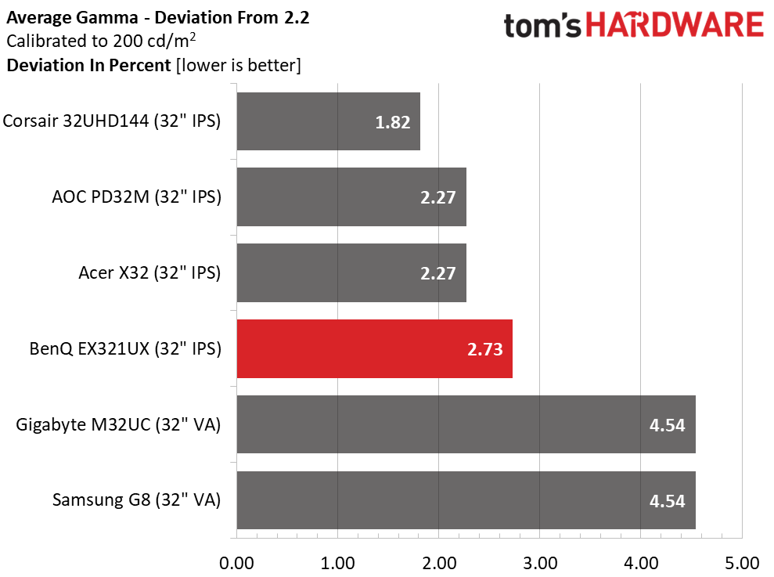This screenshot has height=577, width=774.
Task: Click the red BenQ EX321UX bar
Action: (374, 348)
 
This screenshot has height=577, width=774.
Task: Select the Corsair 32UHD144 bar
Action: (328, 121)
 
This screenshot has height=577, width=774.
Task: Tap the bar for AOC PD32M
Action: (351, 197)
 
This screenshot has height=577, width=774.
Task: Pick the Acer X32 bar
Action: (351, 272)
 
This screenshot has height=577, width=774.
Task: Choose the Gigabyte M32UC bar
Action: (466, 424)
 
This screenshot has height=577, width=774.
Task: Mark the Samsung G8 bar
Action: (466, 500)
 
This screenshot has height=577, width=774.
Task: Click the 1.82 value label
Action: (393, 122)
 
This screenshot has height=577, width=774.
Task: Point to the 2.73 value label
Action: (484, 349)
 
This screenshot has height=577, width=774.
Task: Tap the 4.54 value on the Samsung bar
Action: (668, 501)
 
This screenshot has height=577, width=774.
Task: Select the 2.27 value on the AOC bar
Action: (437, 197)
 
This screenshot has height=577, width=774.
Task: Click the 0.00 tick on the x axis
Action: (236, 563)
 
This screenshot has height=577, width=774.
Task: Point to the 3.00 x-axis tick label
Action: (539, 563)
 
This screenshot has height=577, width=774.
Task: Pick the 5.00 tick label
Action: (742, 563)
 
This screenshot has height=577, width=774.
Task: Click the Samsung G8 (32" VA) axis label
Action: (137, 500)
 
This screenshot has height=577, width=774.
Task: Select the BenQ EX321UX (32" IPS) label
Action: (125, 348)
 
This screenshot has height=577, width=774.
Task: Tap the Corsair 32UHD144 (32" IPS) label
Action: (112, 121)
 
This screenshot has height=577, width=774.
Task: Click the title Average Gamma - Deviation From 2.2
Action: (158, 18)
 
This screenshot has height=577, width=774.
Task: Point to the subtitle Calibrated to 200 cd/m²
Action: (101, 41)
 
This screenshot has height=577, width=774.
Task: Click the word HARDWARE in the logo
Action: (675, 25)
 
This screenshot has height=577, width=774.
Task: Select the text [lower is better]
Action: (239, 65)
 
